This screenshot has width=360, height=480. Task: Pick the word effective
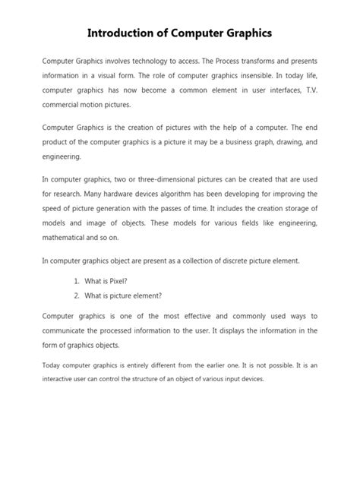[188, 315]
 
